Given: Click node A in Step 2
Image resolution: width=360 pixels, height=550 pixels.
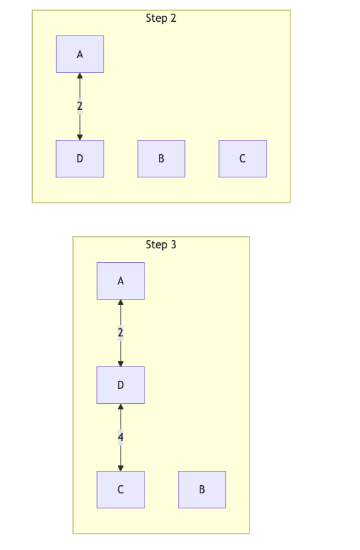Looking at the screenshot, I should pyautogui.click(x=80, y=55).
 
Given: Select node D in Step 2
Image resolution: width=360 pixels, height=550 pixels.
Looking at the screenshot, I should pyautogui.click(x=80, y=158).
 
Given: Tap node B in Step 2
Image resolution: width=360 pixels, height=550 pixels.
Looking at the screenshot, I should pyautogui.click(x=161, y=158).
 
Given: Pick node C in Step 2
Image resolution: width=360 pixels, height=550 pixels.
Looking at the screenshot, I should pyautogui.click(x=242, y=158).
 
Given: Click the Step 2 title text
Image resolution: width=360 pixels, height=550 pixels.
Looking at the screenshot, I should pyautogui.click(x=161, y=18).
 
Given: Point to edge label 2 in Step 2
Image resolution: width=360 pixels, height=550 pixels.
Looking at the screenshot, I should pyautogui.click(x=80, y=106).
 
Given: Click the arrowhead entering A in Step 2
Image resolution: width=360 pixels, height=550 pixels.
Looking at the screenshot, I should pyautogui.click(x=80, y=76).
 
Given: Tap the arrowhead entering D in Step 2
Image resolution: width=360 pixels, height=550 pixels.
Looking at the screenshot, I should pyautogui.click(x=80, y=136).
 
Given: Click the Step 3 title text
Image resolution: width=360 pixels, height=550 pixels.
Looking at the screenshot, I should pyautogui.click(x=161, y=245).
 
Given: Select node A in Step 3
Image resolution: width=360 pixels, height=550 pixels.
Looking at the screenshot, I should pyautogui.click(x=121, y=280).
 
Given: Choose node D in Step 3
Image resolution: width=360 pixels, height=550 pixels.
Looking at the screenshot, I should pyautogui.click(x=121, y=385).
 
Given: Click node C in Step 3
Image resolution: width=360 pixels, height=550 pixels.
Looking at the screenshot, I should pyautogui.click(x=121, y=489).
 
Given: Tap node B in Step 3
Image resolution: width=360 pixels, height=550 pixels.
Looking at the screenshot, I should pyautogui.click(x=202, y=489).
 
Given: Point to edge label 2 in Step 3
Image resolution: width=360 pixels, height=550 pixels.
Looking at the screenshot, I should pyautogui.click(x=121, y=333).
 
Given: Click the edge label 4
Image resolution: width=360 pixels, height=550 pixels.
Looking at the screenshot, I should pyautogui.click(x=121, y=437).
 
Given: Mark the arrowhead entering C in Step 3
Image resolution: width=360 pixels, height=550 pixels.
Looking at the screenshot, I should pyautogui.click(x=121, y=467).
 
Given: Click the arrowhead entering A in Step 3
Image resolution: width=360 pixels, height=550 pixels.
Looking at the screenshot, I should pyautogui.click(x=121, y=303).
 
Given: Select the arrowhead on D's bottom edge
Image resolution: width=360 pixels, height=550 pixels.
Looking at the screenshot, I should pyautogui.click(x=121, y=407).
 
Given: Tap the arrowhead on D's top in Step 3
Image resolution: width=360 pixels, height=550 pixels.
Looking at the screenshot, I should pyautogui.click(x=121, y=363).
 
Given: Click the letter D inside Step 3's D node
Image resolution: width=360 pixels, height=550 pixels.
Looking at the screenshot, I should pyautogui.click(x=121, y=385).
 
